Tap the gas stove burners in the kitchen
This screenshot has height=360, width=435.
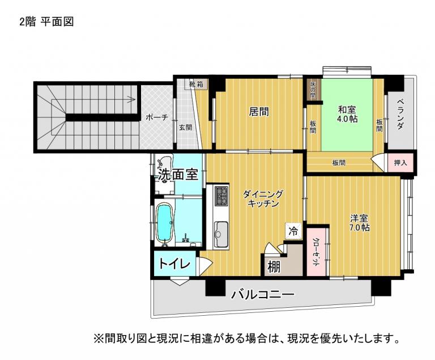(221, 196)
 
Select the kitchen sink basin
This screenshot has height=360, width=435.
(221, 234)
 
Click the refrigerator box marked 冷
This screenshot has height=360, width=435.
(293, 231)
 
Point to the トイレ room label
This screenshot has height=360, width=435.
(174, 264)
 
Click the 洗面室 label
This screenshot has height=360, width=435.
(178, 175)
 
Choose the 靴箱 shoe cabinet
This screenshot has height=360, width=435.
(196, 84)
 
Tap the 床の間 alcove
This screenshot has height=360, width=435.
(313, 90)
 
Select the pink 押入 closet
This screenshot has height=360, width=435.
(400, 163)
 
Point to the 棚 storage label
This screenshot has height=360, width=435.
(274, 267)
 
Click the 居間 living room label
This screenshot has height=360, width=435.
(258, 112)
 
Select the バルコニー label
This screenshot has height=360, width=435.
(263, 294)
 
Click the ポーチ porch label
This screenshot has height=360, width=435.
(157, 117)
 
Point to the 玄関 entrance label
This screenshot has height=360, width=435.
(185, 128)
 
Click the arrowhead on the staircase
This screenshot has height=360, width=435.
(133, 99)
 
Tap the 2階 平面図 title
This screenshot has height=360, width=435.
(46, 22)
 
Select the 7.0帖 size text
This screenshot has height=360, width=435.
(359, 228)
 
